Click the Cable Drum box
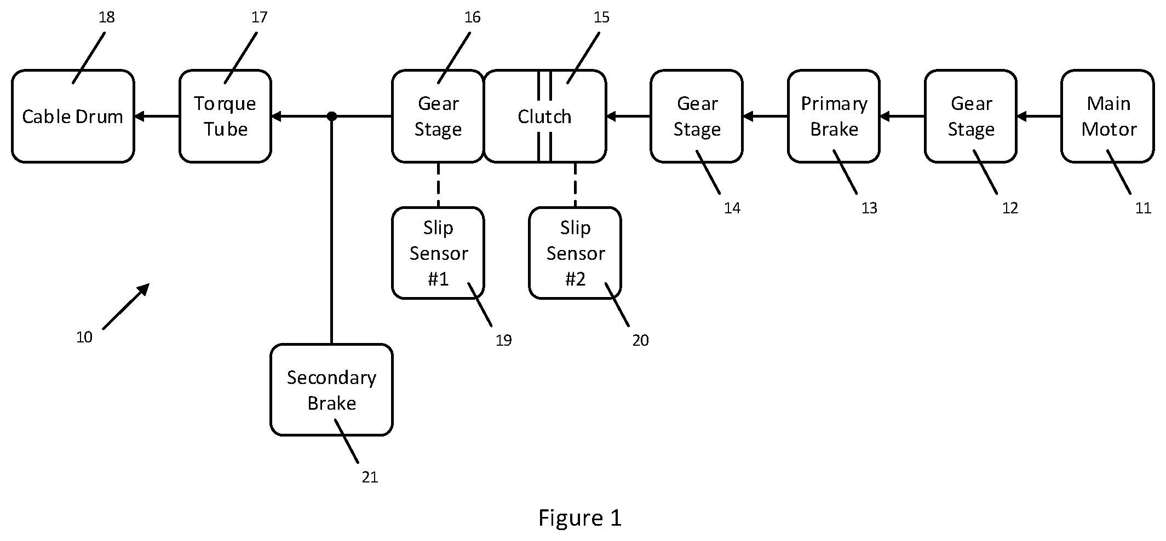click(73, 116)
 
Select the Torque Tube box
click(225, 116)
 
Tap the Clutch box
click(545, 116)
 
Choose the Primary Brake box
click(834, 116)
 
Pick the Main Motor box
click(1107, 116)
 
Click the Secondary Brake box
click(331, 389)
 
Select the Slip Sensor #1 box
click(438, 253)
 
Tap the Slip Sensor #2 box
click(575, 253)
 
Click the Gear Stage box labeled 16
click(438, 116)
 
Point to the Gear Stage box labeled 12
click(970, 116)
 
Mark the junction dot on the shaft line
click(331, 116)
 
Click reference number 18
click(107, 18)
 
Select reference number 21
click(370, 478)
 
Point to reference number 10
click(84, 338)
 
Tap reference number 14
click(732, 208)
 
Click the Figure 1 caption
click(580, 517)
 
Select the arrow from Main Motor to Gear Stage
click(1039, 116)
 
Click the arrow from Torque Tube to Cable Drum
click(157, 116)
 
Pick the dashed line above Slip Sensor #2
click(575, 185)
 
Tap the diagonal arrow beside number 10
click(126, 306)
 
